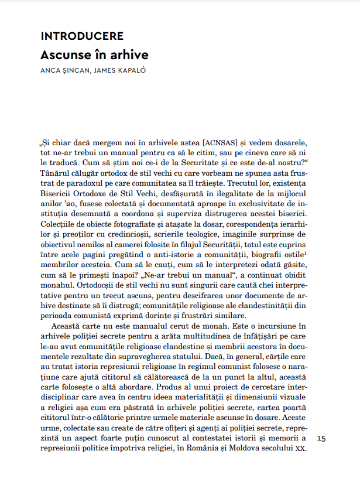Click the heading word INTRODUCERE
[x=82, y=36]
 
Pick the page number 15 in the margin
[x=322, y=438]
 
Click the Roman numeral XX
[x=301, y=448]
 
